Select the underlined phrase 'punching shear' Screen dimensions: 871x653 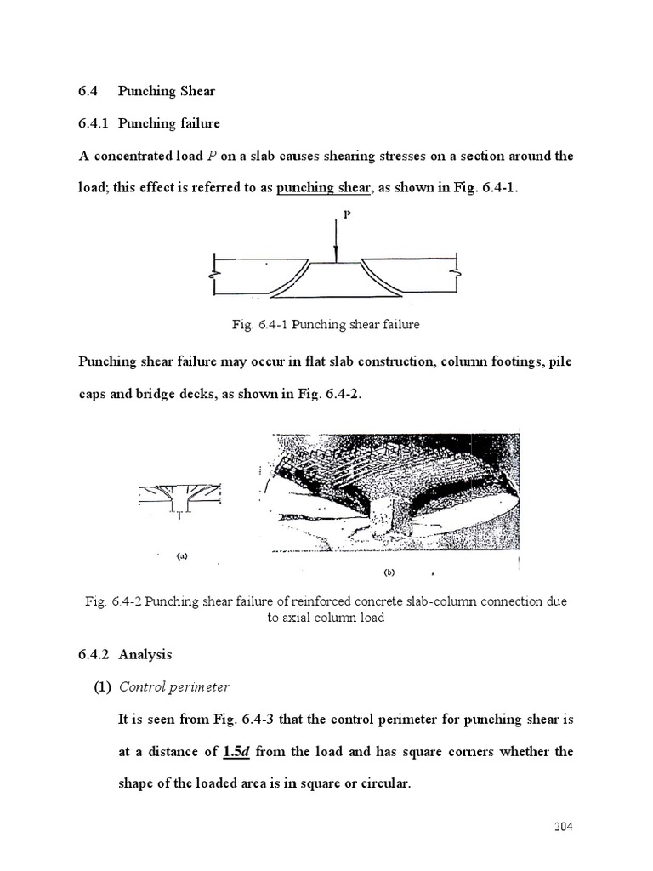[x=324, y=188]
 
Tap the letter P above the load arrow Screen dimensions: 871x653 [x=346, y=216]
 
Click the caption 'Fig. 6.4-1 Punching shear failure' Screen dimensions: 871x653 [x=326, y=324]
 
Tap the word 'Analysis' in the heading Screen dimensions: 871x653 [x=145, y=654]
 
